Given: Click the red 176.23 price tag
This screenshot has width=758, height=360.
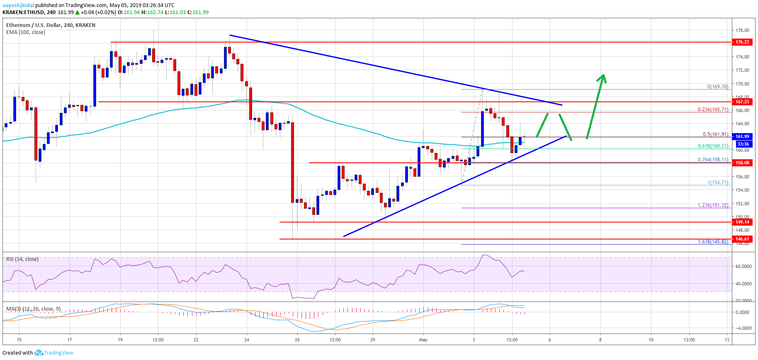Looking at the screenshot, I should click(742, 42).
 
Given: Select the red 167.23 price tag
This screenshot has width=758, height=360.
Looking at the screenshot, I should click(742, 102).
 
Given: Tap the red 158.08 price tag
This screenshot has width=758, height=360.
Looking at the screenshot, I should click(742, 163).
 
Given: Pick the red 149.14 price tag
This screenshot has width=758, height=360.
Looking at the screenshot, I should click(742, 222).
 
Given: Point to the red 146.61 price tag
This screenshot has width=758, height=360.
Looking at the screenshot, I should click(742, 239).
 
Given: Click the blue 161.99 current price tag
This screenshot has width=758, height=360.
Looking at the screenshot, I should click(742, 136).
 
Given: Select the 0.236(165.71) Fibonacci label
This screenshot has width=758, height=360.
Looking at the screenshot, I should click(713, 109).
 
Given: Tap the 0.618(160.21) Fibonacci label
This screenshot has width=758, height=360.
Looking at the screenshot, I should click(713, 146).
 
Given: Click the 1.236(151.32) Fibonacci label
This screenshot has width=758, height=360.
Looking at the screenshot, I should click(713, 205).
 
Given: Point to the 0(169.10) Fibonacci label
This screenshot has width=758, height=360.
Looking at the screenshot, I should click(717, 87).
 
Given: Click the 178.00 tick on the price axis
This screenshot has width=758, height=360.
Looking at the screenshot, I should click(742, 30).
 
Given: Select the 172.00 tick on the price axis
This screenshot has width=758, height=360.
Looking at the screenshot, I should click(742, 70).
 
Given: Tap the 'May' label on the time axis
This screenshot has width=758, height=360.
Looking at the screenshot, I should click(423, 340).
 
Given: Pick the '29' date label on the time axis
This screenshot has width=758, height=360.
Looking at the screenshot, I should click(373, 340).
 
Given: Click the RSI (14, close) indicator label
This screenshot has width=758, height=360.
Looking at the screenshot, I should click(22, 259).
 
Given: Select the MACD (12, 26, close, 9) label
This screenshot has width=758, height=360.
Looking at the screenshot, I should click(33, 309).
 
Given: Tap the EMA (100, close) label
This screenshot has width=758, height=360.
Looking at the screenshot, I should click(26, 32).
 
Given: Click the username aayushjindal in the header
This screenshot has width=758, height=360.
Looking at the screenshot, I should click(18, 5).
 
